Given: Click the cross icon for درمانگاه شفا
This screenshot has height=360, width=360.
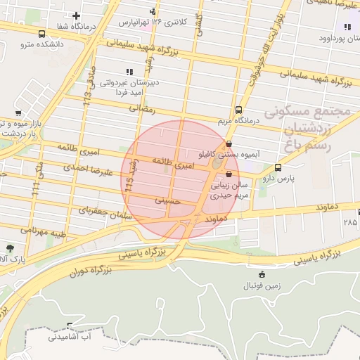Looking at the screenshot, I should coord(76,15).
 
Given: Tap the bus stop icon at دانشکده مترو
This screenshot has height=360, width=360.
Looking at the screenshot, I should coord(42,34).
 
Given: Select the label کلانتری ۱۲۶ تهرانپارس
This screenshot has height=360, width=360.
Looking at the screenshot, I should coord(154,22).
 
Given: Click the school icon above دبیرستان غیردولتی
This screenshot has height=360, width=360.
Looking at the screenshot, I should coord(128,72).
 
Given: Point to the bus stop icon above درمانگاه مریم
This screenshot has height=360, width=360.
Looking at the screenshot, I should coord(238,110).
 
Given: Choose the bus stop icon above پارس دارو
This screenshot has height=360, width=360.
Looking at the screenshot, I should coord(278,168).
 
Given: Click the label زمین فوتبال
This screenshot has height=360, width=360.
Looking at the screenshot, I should coord(262,285).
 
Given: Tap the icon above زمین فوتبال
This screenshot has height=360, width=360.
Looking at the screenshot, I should coord(262,274).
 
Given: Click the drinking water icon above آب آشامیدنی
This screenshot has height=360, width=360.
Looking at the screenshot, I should coord(69,326).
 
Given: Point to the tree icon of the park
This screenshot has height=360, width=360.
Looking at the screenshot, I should coord(9,248).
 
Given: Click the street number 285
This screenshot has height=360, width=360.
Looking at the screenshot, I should coord(349,222).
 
